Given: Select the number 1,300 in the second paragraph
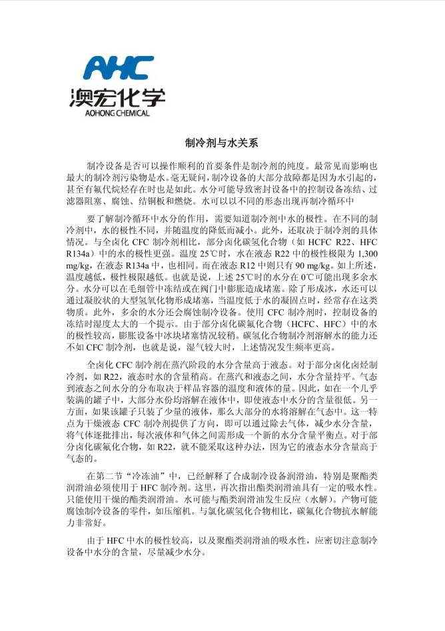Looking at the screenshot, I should pos(368,254).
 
